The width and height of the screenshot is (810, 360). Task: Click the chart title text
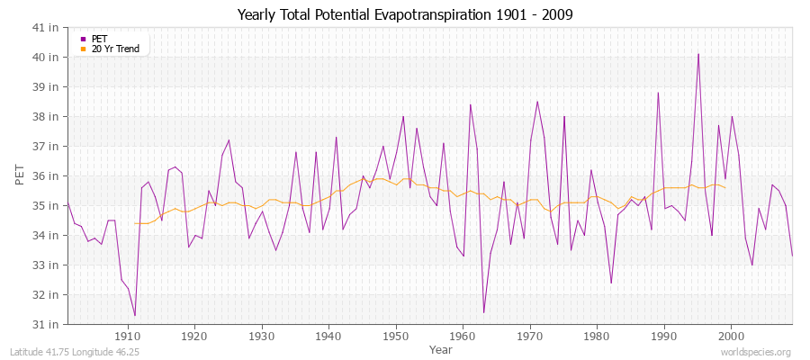coord(405,14)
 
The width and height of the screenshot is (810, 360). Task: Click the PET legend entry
coord(99,39)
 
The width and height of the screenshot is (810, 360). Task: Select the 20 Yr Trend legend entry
coord(115,49)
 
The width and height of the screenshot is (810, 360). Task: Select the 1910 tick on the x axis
coord(128,337)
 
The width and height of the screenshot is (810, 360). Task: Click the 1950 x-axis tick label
coord(396,337)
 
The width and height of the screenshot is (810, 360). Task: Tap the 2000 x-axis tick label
coord(731,337)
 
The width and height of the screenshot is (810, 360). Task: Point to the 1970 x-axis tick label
coord(530,337)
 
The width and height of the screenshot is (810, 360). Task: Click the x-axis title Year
coord(441,349)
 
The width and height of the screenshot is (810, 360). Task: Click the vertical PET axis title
coord(19,175)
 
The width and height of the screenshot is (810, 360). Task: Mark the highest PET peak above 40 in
coord(697,54)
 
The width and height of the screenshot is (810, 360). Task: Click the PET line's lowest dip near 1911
coord(135,315)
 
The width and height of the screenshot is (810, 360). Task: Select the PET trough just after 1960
coord(483,312)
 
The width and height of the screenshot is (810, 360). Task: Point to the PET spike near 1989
coord(658,93)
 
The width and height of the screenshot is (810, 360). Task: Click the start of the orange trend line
coord(135,223)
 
